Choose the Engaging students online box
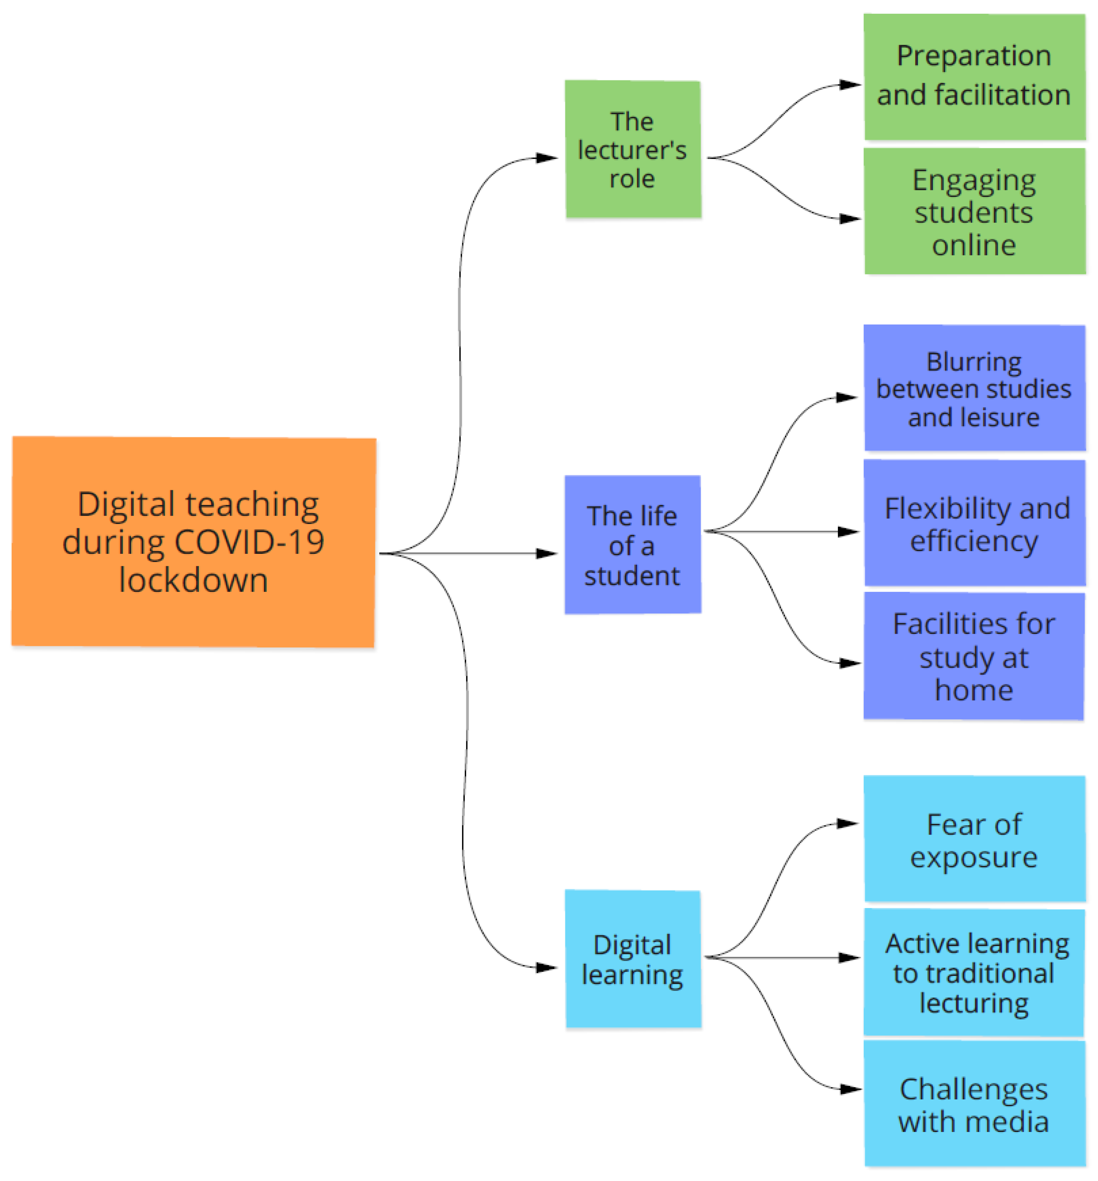(x=974, y=211)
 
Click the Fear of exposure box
(x=974, y=839)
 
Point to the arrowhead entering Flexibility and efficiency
(x=849, y=532)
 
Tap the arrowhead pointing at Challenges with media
(x=851, y=1090)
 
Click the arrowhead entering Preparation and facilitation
(x=851, y=85)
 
